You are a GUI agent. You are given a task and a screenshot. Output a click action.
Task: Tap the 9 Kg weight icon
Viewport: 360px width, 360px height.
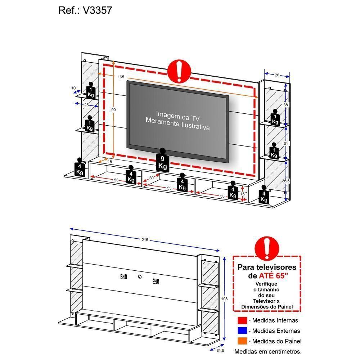click(x=163, y=161)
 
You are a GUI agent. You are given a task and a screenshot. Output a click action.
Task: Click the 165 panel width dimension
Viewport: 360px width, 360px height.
click(x=121, y=77)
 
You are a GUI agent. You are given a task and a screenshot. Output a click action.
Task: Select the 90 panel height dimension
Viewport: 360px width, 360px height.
click(x=113, y=110)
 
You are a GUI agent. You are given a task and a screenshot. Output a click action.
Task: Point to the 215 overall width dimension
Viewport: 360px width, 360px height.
click(x=145, y=240)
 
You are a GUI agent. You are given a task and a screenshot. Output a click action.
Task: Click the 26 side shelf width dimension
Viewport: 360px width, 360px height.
click(x=276, y=75)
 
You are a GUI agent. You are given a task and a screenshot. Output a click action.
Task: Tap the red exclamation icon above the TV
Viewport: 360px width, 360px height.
click(x=179, y=71)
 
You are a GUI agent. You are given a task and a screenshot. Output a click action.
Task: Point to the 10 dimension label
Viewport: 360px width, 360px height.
click(x=73, y=88)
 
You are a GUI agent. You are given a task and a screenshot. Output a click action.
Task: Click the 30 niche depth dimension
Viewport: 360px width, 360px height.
click(x=151, y=178)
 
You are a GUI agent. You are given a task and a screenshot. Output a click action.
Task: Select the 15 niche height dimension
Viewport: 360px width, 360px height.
click(x=242, y=194)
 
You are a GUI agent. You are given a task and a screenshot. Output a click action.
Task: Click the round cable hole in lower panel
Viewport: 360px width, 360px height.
click(x=140, y=276)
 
